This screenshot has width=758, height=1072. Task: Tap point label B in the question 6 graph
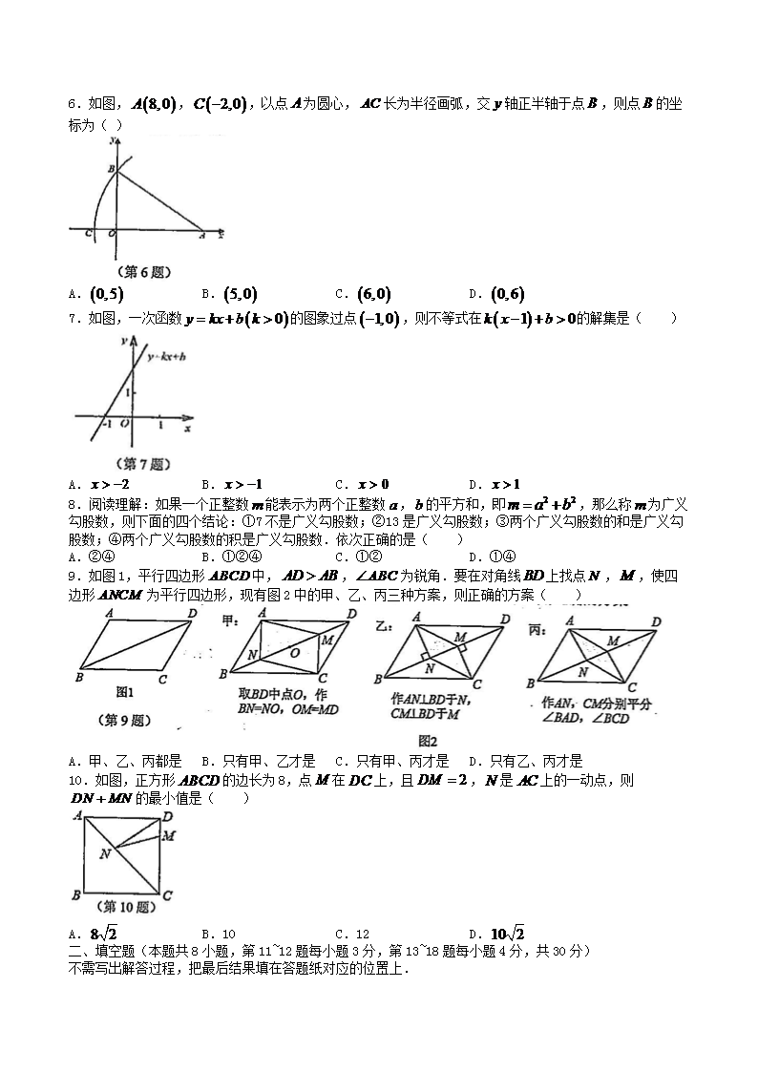coord(110,169)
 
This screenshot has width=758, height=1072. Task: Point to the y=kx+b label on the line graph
coord(166,357)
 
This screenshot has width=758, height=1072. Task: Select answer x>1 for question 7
coord(503,484)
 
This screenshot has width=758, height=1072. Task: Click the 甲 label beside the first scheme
coord(229,621)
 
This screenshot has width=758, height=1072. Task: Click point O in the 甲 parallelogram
coord(294,653)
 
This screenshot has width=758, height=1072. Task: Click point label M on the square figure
coord(168,836)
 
